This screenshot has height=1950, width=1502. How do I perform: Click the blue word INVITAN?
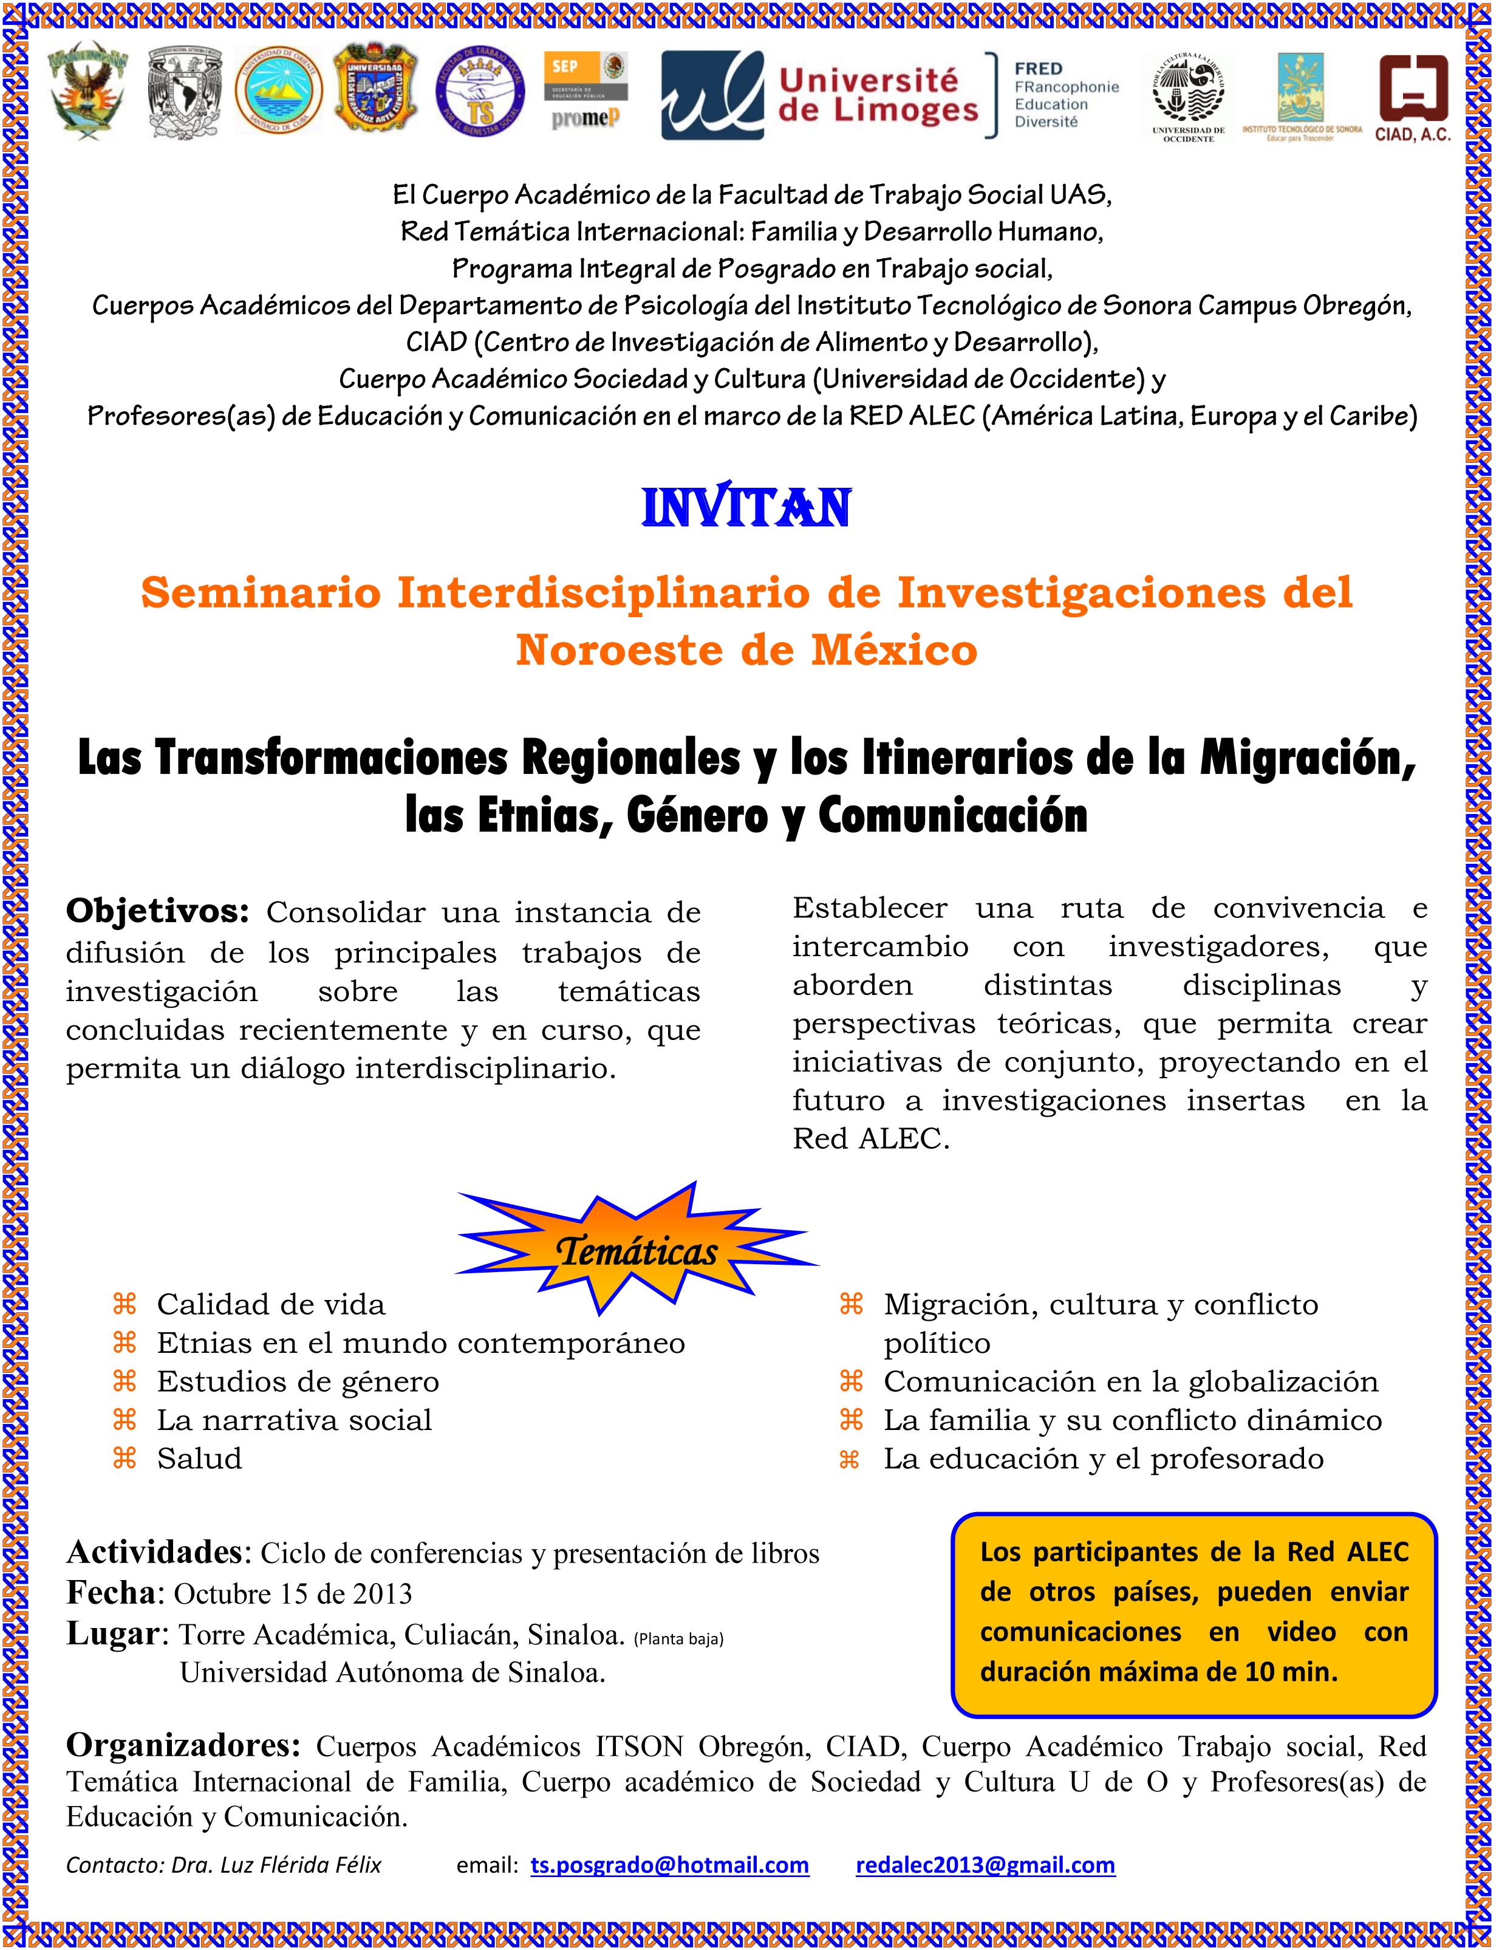pyautogui.click(x=746, y=509)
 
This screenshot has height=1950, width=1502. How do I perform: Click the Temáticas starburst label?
pyautogui.click(x=637, y=1252)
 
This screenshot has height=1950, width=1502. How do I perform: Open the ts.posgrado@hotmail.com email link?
pyautogui.click(x=669, y=1865)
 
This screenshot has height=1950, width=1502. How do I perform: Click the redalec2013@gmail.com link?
pyautogui.click(x=985, y=1865)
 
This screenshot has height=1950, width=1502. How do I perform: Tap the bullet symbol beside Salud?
pyautogui.click(x=124, y=1459)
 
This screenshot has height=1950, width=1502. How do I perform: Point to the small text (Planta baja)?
pyautogui.click(x=678, y=1638)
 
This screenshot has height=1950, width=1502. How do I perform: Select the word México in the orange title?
pyautogui.click(x=894, y=650)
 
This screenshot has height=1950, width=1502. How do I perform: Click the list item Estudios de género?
pyautogui.click(x=298, y=1382)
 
